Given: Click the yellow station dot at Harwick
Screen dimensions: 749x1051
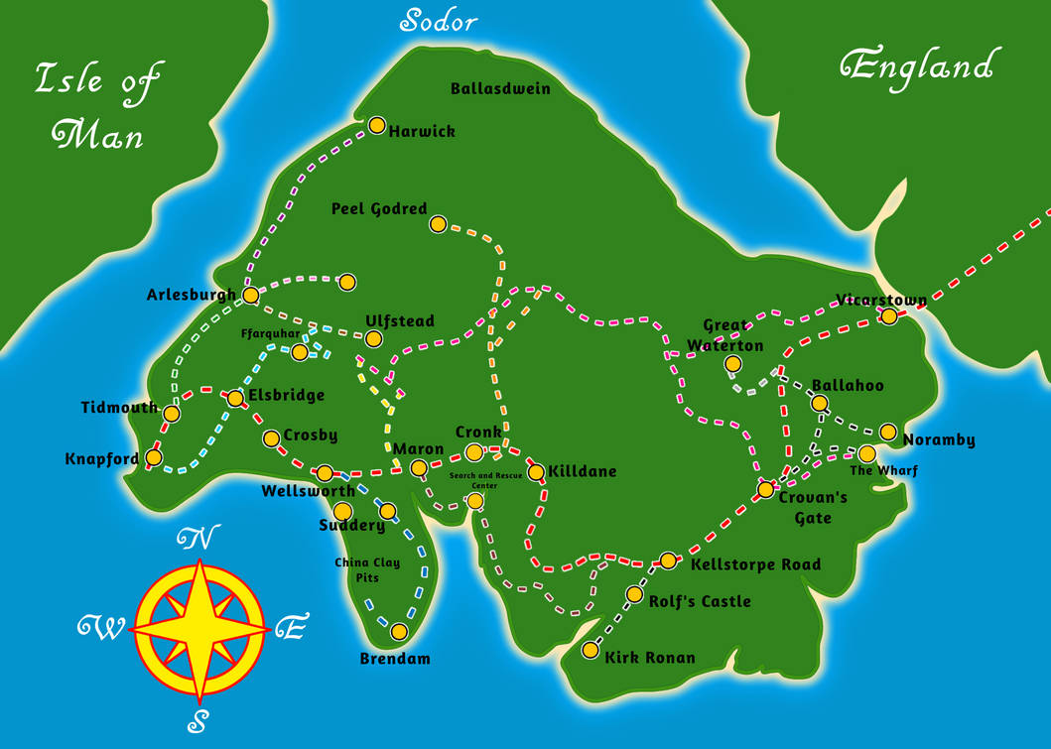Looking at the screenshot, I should point(377,125).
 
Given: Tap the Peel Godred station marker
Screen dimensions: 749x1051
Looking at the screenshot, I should point(438,224).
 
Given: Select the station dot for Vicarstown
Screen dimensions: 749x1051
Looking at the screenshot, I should point(889,316).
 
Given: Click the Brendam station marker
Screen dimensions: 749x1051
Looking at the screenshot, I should point(399,631).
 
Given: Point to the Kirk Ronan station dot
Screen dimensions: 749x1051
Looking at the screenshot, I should point(591,651).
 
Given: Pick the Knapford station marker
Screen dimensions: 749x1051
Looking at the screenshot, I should point(154,457).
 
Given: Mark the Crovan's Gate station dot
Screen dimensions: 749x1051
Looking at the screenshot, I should point(766,489).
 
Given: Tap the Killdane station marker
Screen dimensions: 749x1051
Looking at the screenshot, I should point(536,472).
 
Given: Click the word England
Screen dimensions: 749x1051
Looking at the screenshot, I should point(916,67).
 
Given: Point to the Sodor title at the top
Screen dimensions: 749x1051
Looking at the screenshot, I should point(439,21).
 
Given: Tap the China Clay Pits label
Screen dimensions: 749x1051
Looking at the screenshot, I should point(367,569).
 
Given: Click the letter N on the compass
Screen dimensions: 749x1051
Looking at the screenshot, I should point(197,539).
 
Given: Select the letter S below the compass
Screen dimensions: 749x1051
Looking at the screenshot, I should point(199,721).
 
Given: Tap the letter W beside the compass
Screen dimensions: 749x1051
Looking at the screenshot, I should point(99,627).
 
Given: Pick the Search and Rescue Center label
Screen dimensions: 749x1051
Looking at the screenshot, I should point(484,480).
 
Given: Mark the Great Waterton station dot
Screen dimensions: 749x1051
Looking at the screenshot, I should point(732,364).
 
